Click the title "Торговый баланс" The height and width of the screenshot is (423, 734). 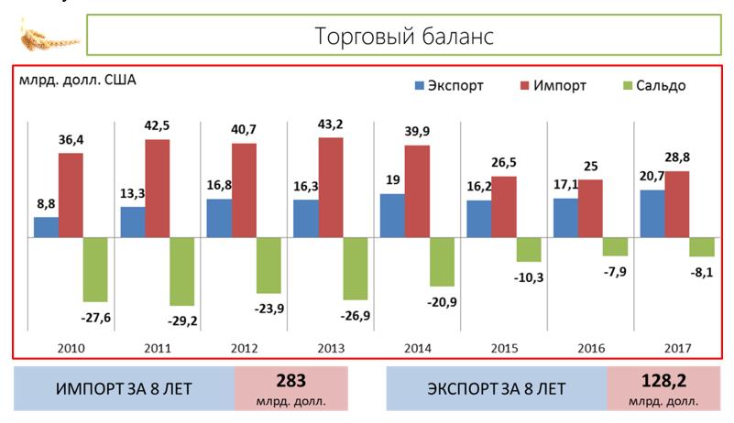coord(404,36)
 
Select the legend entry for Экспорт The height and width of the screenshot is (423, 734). coord(448,85)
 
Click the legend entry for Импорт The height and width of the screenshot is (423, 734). coord(553,85)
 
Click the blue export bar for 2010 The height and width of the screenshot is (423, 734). coord(46,227)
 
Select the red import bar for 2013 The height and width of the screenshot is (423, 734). coord(331,188)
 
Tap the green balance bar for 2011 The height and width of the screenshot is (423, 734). coord(181,271)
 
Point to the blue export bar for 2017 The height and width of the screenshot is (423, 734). coord(652,213)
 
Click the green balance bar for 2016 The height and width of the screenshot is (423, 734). coord(615,246)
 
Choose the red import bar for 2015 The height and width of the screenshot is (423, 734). coord(504,207)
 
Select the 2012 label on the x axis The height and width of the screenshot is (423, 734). coord(245,348)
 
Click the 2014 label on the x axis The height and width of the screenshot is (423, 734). coord(417,348)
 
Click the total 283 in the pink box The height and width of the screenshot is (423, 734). coord(290,380)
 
